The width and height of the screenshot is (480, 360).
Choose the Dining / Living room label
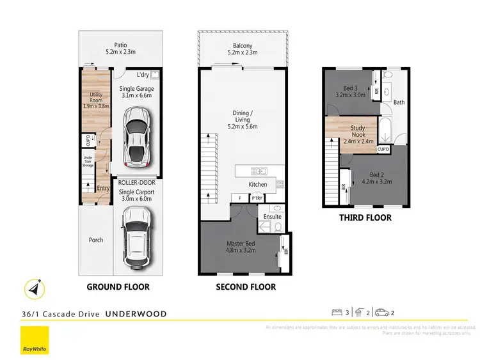[x=241, y=119]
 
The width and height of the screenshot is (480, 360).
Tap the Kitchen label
[x=258, y=185]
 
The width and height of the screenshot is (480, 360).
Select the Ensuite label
[x=273, y=217]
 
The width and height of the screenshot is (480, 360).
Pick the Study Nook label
[x=357, y=132]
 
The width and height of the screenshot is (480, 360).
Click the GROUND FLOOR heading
[x=118, y=287]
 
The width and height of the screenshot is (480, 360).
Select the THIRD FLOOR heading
[x=365, y=217]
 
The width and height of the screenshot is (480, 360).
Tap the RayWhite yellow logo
[x=34, y=340]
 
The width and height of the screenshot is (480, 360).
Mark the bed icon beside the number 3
[x=337, y=313]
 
